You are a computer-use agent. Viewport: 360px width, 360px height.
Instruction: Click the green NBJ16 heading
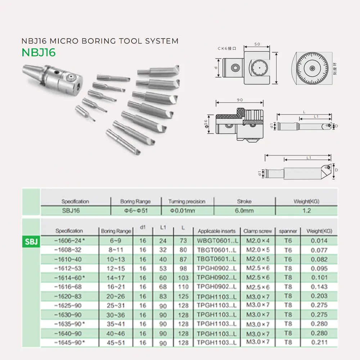click(x=39, y=52)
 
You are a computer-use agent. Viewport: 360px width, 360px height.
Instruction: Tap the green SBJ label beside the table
click(x=31, y=240)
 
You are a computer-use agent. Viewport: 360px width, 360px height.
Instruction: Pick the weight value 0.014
click(x=319, y=240)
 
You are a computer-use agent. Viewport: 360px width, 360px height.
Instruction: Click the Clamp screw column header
click(x=258, y=231)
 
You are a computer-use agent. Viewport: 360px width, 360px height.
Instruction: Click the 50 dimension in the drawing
click(x=257, y=44)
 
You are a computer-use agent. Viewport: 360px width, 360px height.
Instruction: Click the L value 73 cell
click(x=183, y=240)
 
